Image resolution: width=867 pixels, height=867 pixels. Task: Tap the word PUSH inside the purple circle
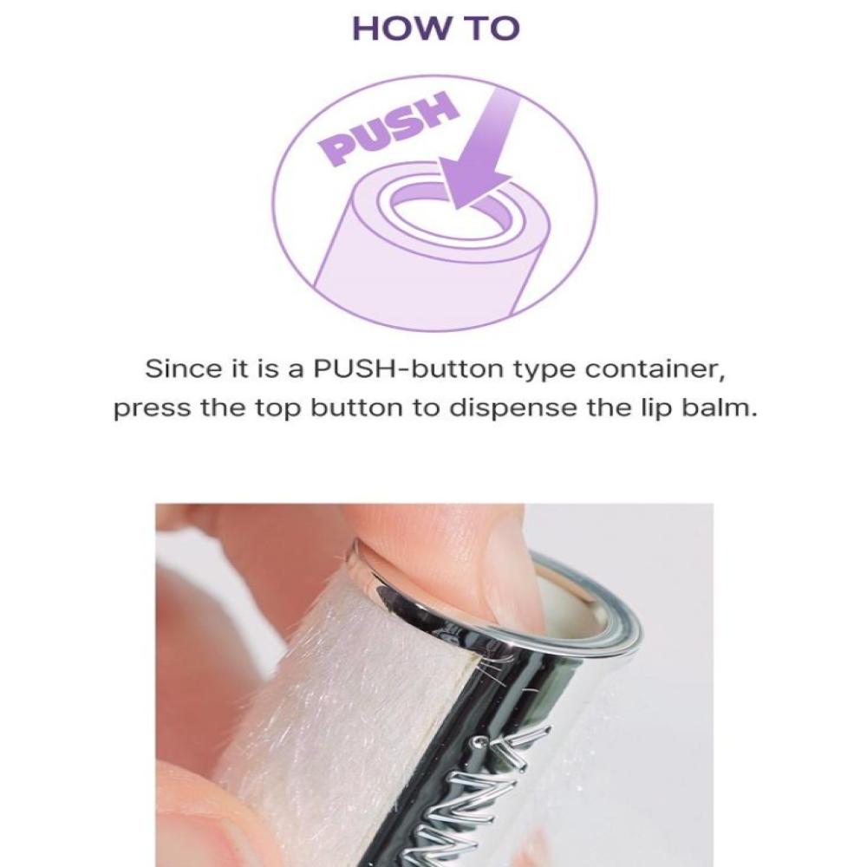(388, 129)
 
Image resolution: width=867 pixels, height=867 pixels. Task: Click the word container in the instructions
(655, 370)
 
